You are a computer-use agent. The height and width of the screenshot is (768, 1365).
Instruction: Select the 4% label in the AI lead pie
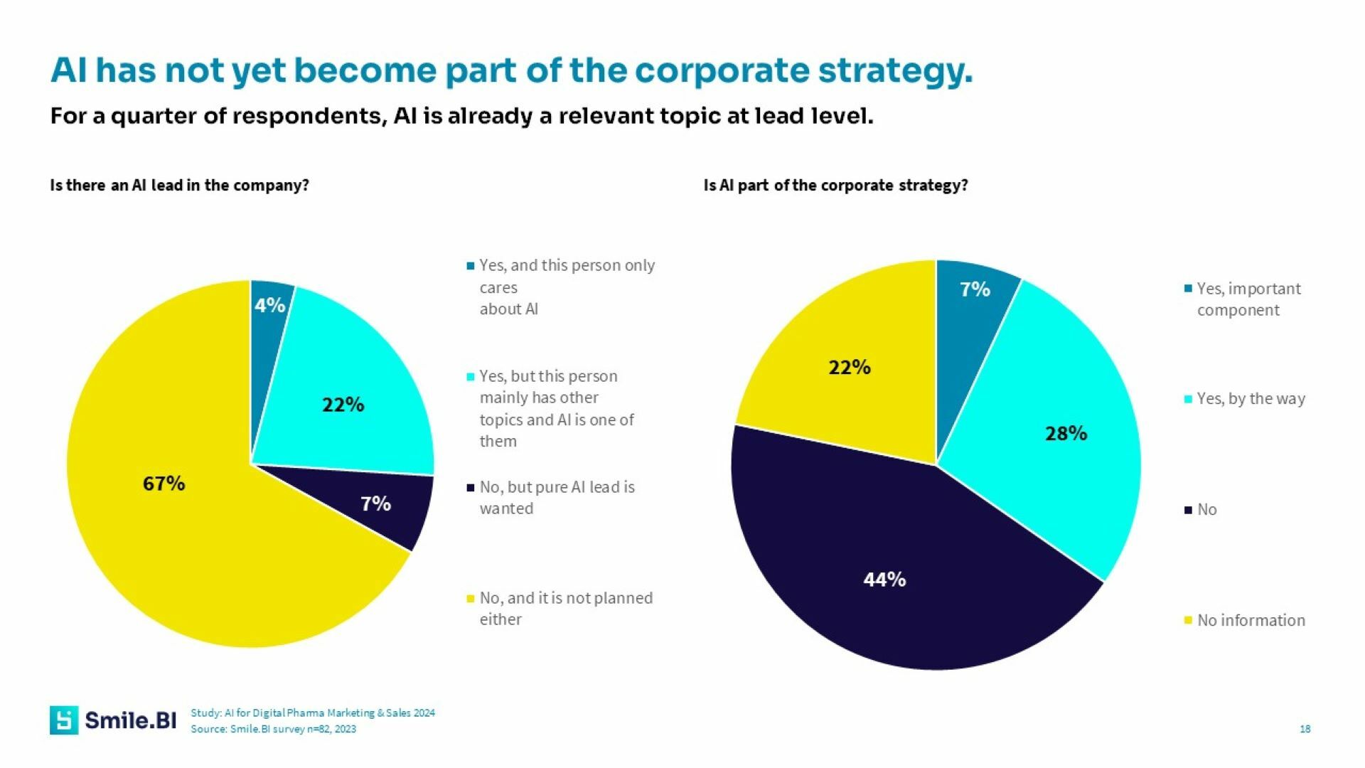(269, 306)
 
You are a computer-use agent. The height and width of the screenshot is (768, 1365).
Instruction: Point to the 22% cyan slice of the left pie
(343, 405)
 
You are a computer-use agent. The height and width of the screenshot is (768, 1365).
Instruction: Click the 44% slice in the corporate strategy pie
(884, 580)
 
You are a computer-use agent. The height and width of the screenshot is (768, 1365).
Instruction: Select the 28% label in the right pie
(1066, 433)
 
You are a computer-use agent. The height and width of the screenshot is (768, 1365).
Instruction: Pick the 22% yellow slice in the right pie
(850, 368)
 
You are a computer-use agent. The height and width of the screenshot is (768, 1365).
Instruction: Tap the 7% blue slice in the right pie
(975, 289)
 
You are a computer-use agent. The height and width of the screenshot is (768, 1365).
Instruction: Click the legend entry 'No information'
(1251, 620)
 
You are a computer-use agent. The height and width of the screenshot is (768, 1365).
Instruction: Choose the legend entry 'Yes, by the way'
(1251, 398)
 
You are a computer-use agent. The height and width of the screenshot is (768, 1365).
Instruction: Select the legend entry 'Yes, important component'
(1248, 299)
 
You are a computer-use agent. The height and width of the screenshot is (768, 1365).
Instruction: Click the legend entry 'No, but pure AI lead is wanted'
(557, 498)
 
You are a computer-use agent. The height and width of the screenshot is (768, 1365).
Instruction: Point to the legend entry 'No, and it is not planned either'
(565, 609)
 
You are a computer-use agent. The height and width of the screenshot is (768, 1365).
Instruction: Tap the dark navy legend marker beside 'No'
(1188, 510)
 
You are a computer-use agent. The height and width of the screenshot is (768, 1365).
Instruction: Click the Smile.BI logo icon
(64, 720)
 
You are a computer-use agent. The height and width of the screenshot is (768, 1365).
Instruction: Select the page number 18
(1305, 729)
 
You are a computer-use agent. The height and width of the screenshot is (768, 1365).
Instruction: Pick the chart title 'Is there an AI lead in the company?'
(180, 186)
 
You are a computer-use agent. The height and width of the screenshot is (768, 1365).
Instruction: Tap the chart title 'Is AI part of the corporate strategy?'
(835, 186)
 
